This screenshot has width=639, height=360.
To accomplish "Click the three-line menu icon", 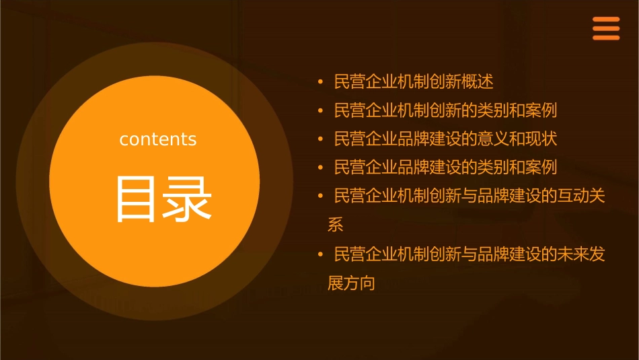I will point(605,28).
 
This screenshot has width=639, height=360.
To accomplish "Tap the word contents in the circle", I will point(158,139).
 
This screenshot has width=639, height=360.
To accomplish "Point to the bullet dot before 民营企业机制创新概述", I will point(321,82).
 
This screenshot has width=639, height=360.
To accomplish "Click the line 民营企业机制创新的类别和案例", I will point(445,110).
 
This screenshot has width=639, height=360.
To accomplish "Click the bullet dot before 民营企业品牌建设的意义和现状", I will point(321,139).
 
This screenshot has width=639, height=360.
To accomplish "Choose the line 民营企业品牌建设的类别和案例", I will point(445,167).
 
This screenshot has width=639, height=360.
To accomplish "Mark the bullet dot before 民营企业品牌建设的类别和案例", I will point(321,167).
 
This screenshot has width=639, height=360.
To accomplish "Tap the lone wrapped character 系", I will point(335,225).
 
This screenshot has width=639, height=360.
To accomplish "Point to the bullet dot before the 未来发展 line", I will point(321,255).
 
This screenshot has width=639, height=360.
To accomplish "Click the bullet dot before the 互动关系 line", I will point(321,196).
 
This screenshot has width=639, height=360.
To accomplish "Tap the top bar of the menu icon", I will point(605,20).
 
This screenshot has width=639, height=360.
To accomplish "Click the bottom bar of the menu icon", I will point(605,38).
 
